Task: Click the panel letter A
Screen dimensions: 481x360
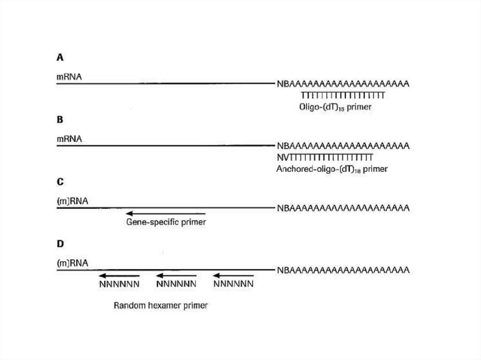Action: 60,57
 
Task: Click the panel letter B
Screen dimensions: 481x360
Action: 60,120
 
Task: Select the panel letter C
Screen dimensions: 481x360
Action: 60,182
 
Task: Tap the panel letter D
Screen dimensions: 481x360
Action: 60,244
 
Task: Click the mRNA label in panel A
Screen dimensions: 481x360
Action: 69,75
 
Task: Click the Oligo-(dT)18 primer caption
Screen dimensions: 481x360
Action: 335,107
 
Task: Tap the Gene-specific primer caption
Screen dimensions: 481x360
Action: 166,222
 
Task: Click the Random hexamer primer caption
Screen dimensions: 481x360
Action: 161,306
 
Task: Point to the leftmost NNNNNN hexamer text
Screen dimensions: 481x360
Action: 119,284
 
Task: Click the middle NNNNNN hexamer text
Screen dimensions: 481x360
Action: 176,284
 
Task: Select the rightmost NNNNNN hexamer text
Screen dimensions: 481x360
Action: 233,284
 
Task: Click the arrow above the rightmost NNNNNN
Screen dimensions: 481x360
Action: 233,276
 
